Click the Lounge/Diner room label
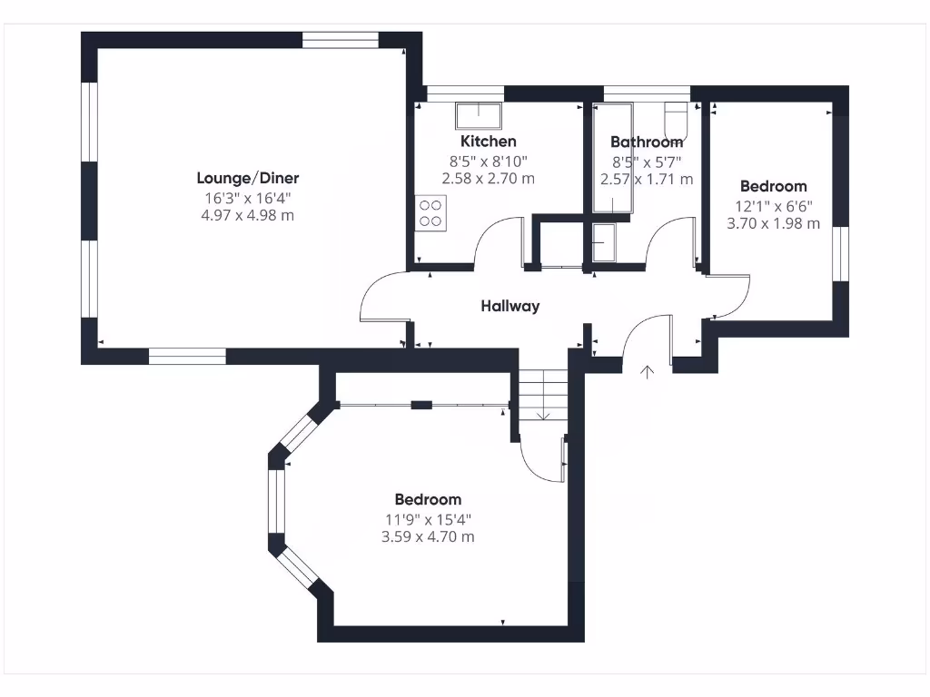click(248, 178)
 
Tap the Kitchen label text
click(488, 141)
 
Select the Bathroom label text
click(646, 142)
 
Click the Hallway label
click(510, 306)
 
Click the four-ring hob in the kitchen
click(430, 212)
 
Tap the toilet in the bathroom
click(677, 120)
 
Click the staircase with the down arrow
click(542, 396)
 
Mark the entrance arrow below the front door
click(647, 371)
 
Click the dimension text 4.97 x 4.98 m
click(248, 215)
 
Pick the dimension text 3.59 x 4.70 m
click(428, 536)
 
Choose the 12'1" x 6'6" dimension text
click(773, 205)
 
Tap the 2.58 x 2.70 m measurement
click(488, 179)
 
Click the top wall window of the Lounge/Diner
click(341, 40)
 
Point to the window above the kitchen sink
click(465, 93)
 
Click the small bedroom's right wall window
click(840, 254)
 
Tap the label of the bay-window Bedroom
click(428, 499)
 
